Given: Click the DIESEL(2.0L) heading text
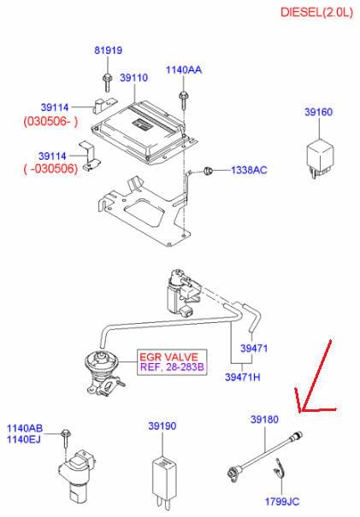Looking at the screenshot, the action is click(316, 13).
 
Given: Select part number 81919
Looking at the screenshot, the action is click(109, 50).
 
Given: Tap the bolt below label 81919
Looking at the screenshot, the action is click(107, 82).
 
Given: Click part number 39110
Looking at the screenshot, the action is click(133, 78).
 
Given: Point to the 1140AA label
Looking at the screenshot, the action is click(184, 70).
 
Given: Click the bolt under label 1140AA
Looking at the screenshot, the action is click(183, 100).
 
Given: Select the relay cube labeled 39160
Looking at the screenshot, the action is click(320, 159).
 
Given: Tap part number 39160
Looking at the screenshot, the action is click(318, 112).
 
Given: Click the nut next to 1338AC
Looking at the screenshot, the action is click(208, 171).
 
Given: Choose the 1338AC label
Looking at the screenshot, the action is click(249, 170).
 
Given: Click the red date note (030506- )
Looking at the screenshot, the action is click(50, 121).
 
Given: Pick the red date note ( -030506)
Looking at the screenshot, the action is click(50, 169).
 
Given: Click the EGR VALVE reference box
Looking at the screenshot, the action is click(172, 362).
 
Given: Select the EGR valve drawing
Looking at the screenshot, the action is click(103, 373).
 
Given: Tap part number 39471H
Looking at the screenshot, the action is click(243, 377).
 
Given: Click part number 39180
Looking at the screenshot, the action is click(264, 420).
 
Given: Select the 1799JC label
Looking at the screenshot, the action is click(282, 502).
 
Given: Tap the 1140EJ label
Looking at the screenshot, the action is click(24, 439).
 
